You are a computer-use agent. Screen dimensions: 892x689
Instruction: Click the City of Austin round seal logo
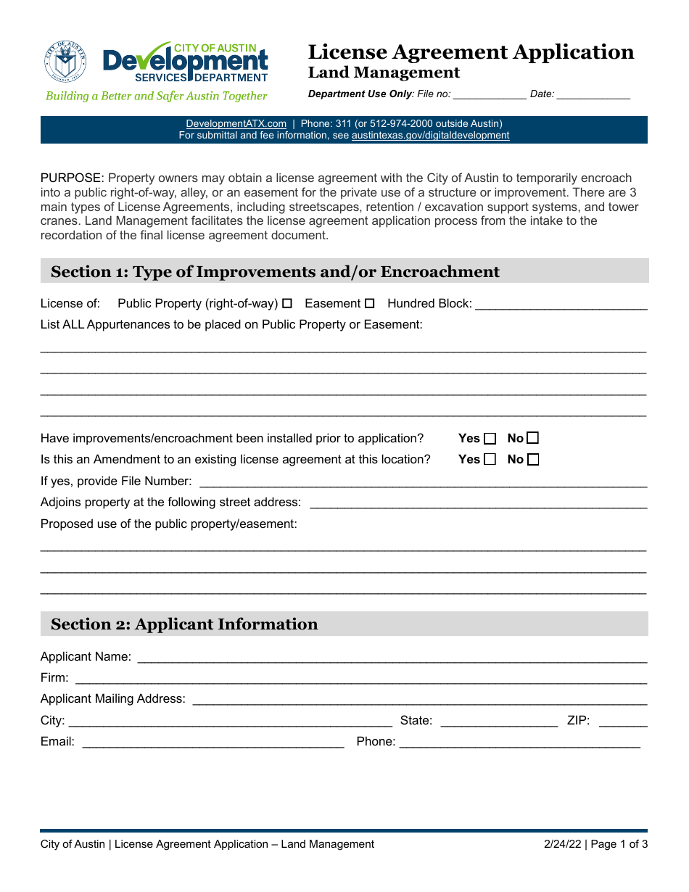(65, 62)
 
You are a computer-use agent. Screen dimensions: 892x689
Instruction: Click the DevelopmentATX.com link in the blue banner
(236, 124)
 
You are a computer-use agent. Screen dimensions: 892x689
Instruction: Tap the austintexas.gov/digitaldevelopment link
(430, 136)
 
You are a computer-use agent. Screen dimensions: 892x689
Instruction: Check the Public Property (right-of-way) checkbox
(286, 304)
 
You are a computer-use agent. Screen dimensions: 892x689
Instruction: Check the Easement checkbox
(370, 304)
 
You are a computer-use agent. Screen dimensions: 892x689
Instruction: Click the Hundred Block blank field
(561, 305)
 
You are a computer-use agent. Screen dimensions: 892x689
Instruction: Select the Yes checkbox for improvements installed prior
(490, 439)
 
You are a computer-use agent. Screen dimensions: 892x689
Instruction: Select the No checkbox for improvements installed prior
(533, 438)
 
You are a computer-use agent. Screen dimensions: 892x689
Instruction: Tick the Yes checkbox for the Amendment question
(490, 460)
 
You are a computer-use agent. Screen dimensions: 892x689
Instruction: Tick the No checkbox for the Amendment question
(533, 460)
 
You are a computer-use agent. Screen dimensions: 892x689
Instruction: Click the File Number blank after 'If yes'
(423, 482)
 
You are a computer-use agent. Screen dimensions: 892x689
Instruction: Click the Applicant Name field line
(392, 657)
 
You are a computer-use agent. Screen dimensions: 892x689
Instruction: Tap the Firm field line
(361, 678)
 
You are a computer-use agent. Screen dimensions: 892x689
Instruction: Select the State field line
(499, 721)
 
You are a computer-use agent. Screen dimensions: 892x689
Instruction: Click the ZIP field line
(623, 721)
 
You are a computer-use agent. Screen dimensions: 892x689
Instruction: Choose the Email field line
(213, 742)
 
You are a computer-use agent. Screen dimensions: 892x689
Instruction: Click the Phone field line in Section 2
(519, 742)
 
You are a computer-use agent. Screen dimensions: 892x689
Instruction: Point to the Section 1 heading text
(275, 272)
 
